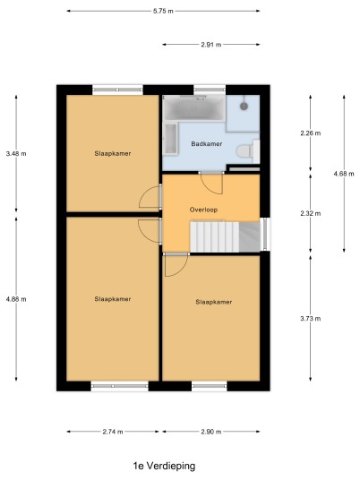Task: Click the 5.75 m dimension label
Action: (163, 11)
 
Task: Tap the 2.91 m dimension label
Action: (211, 45)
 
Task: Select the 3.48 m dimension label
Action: (16, 153)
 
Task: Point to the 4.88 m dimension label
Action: (16, 299)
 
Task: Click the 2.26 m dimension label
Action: (311, 133)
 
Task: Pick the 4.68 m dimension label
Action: (344, 174)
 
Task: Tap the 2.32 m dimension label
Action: (311, 213)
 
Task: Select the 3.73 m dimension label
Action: (311, 319)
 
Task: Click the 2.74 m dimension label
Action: (113, 432)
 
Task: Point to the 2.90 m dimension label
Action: (211, 432)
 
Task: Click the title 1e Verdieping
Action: (164, 466)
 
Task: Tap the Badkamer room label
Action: (207, 143)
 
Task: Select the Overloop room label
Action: (203, 210)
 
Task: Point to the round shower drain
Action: (244, 107)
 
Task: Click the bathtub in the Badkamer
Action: (193, 107)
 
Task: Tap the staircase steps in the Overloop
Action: (215, 236)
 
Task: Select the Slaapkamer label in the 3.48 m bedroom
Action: (113, 153)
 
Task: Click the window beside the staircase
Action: (265, 234)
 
